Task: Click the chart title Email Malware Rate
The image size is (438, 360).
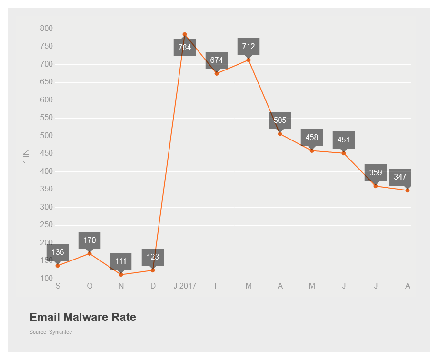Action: point(83,317)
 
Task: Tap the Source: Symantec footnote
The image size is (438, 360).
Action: point(50,332)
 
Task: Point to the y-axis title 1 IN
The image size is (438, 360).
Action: point(26,156)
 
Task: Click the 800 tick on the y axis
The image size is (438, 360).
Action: point(46,29)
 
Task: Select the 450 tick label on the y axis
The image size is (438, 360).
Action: point(46,154)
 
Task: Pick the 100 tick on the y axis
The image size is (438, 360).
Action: point(46,279)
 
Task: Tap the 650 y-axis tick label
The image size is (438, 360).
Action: point(46,82)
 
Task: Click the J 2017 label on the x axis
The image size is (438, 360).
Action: point(185,286)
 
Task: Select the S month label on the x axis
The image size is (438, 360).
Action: point(58,286)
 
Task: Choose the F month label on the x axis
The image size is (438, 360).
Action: point(217,286)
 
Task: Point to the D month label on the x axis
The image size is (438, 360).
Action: point(153,286)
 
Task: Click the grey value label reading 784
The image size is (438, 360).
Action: point(185,48)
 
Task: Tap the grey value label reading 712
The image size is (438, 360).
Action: point(249,47)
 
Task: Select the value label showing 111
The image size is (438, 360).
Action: point(121,261)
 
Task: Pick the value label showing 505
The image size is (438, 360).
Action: point(280,120)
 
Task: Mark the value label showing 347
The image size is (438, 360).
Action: point(400,177)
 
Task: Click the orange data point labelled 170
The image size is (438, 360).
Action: point(90,253)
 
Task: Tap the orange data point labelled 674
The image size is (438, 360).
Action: point(217,73)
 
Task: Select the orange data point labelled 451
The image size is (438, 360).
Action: point(344,153)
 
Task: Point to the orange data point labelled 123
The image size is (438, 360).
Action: point(153,270)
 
